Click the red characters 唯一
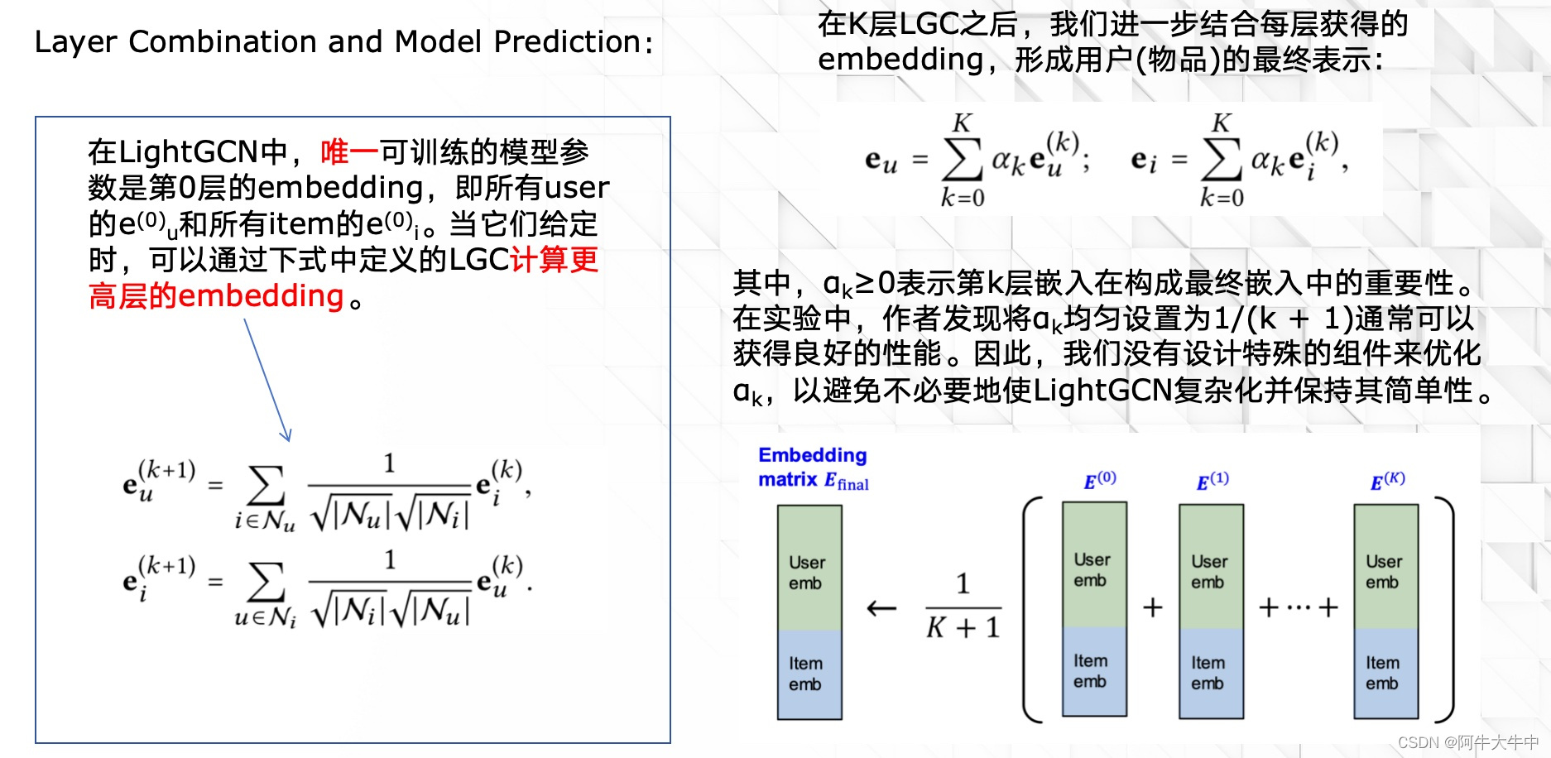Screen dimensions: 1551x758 (349, 152)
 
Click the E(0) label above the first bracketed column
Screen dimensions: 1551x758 (1100, 481)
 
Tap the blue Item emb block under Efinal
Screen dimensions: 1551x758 (809, 674)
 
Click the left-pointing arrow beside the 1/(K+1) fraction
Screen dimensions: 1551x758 (881, 609)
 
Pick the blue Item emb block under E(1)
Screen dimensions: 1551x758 (1211, 673)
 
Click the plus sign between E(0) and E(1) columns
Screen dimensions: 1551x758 (1153, 608)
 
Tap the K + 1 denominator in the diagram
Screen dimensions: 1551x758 (963, 628)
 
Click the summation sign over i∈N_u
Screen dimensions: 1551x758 (266, 487)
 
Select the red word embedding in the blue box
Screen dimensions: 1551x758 (261, 296)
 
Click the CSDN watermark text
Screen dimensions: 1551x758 (1467, 742)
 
